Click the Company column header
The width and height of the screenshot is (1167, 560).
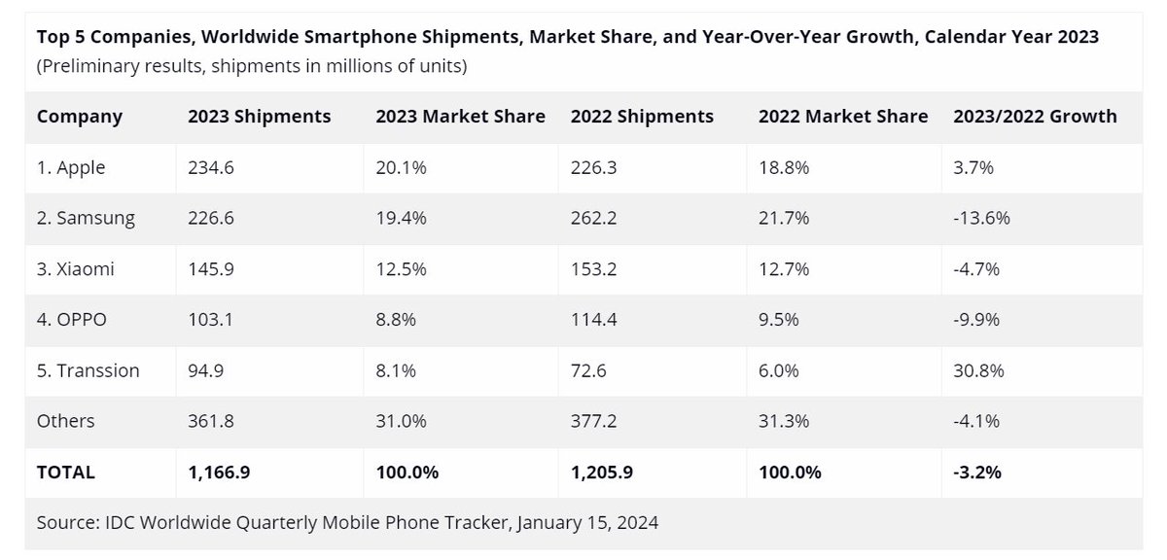point(80,117)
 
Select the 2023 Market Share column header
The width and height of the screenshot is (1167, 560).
point(460,117)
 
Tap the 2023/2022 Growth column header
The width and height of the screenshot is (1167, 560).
point(1034,117)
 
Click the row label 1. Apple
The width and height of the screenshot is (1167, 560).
point(71,167)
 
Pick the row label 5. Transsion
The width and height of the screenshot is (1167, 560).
point(88,370)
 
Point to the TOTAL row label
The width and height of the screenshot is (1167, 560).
point(66,472)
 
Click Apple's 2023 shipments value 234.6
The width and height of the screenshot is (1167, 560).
point(211,167)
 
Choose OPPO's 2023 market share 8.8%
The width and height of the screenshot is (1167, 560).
point(397,320)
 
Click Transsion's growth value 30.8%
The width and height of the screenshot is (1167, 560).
point(979,370)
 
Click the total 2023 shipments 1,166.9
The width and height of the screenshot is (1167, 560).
point(221,472)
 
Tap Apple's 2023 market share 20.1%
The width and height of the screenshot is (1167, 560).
point(401,167)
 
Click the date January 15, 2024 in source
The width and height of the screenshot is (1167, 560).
point(587,522)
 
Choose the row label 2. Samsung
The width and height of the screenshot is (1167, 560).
point(86,219)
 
